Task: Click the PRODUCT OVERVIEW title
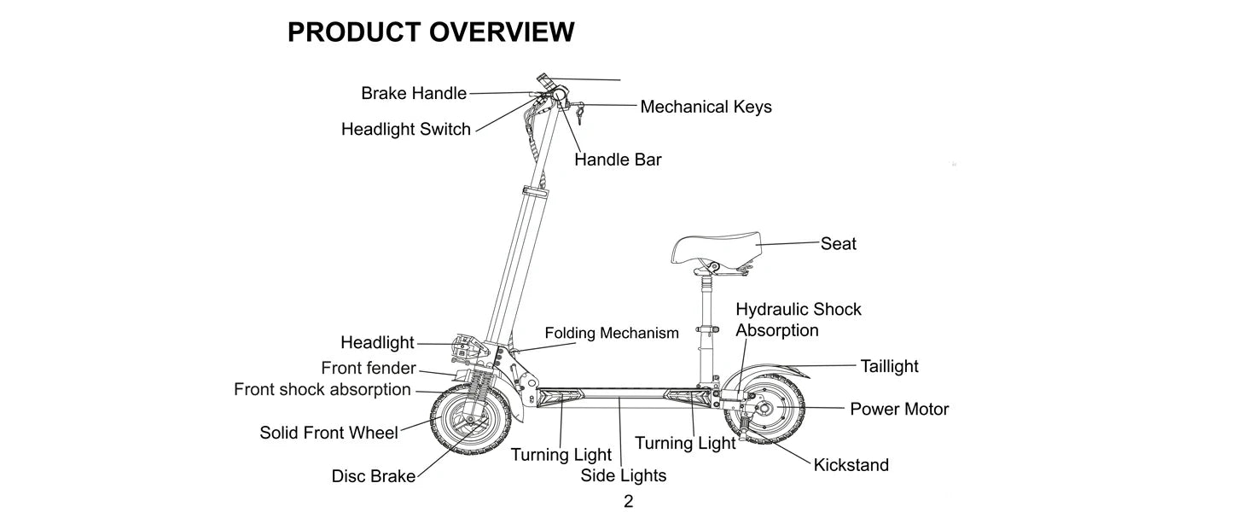coord(430,32)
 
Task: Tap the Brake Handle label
coord(414,93)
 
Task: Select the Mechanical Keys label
coord(706,107)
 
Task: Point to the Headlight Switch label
coord(406,130)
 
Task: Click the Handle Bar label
coord(618,160)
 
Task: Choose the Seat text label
coord(839,244)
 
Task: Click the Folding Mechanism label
coord(612,333)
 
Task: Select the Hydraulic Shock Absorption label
coord(799,320)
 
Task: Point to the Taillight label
coord(889,366)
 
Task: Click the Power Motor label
coord(899,410)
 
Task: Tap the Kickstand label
coord(851,465)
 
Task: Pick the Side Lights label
coord(624,476)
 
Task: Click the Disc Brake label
coord(374,477)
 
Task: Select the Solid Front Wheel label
coord(328,433)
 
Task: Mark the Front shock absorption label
coord(322,390)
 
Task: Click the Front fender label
coord(369,369)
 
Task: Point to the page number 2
coord(629,502)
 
